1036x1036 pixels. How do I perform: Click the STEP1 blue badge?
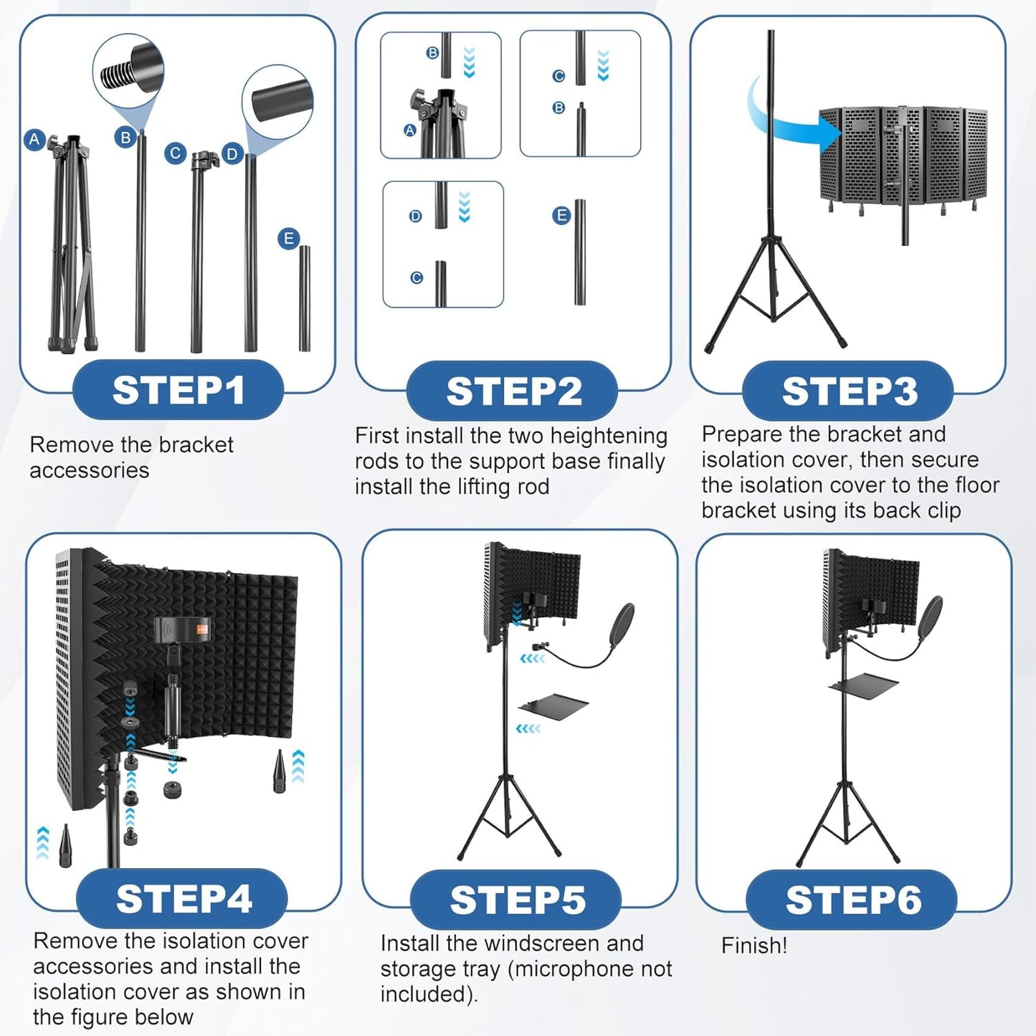tap(178, 390)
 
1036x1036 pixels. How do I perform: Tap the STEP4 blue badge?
tap(182, 898)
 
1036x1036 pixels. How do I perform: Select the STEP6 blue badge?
tap(852, 900)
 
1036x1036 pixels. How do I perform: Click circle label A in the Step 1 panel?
tap(34, 139)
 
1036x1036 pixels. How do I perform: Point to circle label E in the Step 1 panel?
tap(288, 239)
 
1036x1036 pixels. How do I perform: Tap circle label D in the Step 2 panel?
tap(415, 216)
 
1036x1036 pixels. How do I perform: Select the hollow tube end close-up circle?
tap(277, 101)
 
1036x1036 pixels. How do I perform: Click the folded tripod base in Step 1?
tap(71, 244)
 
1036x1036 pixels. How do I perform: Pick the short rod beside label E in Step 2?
tap(579, 252)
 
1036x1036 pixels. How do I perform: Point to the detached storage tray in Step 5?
tap(553, 705)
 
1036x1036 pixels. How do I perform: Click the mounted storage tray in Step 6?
tap(863, 683)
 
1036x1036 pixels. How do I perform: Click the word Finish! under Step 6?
tap(754, 945)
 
